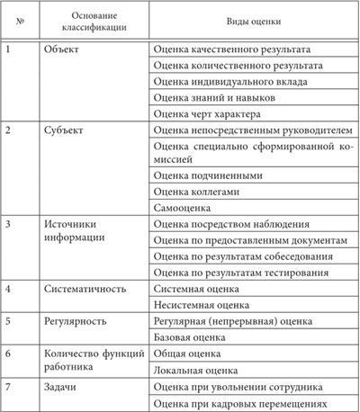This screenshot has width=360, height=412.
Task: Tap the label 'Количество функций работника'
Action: pyautogui.click(x=94, y=361)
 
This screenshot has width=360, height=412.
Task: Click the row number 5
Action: pyautogui.click(x=9, y=321)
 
